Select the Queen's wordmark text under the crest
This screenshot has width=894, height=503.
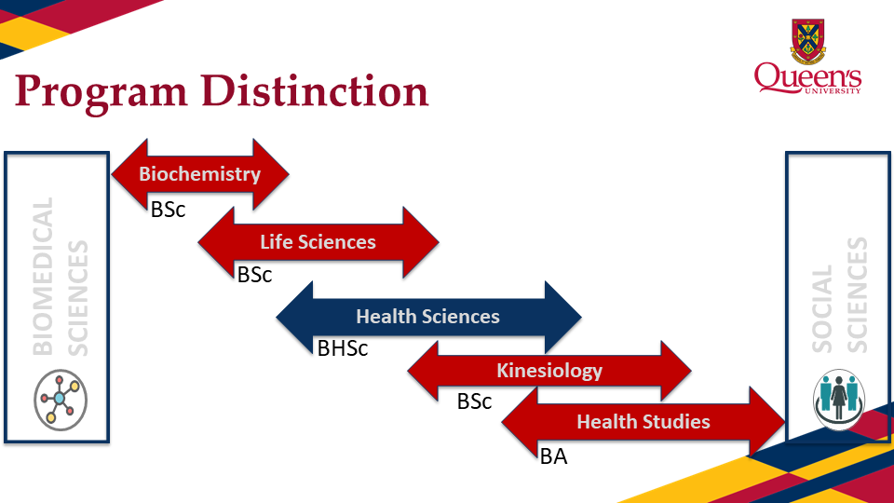point(807,78)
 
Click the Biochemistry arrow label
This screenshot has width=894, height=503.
point(199,173)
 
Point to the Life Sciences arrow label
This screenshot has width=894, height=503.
point(318,242)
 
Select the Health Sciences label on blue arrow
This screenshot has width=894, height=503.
point(427,317)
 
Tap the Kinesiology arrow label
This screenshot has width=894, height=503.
point(549,371)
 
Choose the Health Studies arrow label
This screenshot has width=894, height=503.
point(643,422)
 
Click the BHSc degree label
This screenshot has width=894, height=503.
point(343,349)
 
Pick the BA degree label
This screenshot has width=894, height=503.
point(553,456)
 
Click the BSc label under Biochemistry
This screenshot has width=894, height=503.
point(169,210)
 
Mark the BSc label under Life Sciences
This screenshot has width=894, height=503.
point(254,275)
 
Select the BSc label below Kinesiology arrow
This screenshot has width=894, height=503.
point(474,402)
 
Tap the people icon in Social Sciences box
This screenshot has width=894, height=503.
point(839,399)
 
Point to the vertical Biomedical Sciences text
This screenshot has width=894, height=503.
point(58,276)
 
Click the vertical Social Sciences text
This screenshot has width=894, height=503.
point(839,294)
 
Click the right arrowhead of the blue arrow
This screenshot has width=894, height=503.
point(562,317)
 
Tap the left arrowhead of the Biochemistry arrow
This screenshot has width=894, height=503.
point(129,173)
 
